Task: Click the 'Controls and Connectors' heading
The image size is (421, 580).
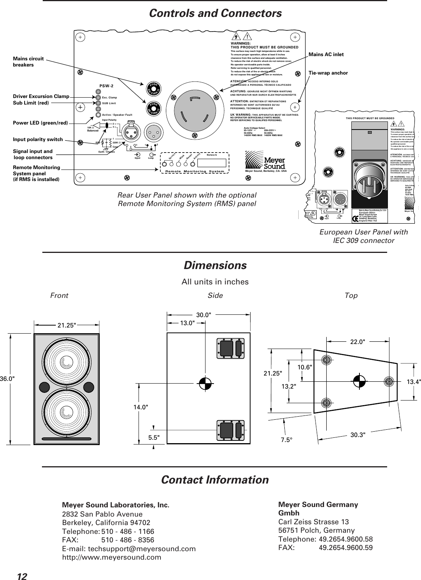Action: coord(215,13)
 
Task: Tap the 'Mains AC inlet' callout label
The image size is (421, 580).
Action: coord(326,55)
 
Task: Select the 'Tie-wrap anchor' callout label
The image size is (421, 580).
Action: coord(328,73)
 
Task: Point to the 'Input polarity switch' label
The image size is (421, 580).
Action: coord(38,140)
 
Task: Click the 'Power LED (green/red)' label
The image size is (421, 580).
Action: coord(40,123)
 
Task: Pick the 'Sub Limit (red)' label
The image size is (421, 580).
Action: coord(31,103)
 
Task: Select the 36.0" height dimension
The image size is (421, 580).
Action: coord(8,377)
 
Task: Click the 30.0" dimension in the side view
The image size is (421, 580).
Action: coord(204,314)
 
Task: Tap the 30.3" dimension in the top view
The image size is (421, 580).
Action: coord(358,434)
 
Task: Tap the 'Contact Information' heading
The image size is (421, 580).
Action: coord(215,480)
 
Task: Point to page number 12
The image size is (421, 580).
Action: coord(22,576)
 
